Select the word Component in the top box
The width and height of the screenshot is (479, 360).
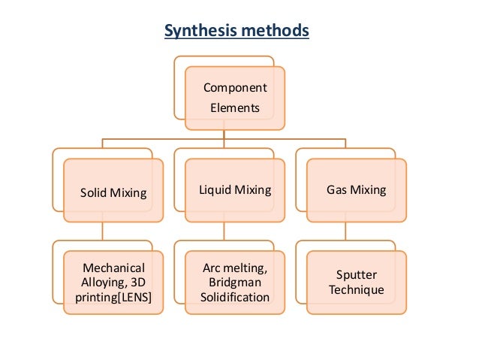[x=235, y=88]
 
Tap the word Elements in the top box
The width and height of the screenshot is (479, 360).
[x=234, y=107]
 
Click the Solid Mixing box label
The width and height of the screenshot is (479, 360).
[x=113, y=193]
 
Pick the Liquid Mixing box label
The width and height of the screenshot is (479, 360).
[x=234, y=189]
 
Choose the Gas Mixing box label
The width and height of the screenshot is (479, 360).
[x=356, y=189]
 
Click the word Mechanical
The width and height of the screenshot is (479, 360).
[x=113, y=268]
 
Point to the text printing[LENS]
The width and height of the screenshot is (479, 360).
[x=113, y=297]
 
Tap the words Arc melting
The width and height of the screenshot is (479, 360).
[x=234, y=268]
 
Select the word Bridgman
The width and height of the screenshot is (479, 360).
[x=234, y=282]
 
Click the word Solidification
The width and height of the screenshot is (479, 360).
[x=234, y=297]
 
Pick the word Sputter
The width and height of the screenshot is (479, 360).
[x=356, y=274]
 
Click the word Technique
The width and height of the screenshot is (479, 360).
[x=356, y=289]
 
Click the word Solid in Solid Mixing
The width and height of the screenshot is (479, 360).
[x=94, y=193]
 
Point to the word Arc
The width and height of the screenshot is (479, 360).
[x=212, y=268]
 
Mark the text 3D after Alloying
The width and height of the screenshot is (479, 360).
[x=138, y=282]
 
